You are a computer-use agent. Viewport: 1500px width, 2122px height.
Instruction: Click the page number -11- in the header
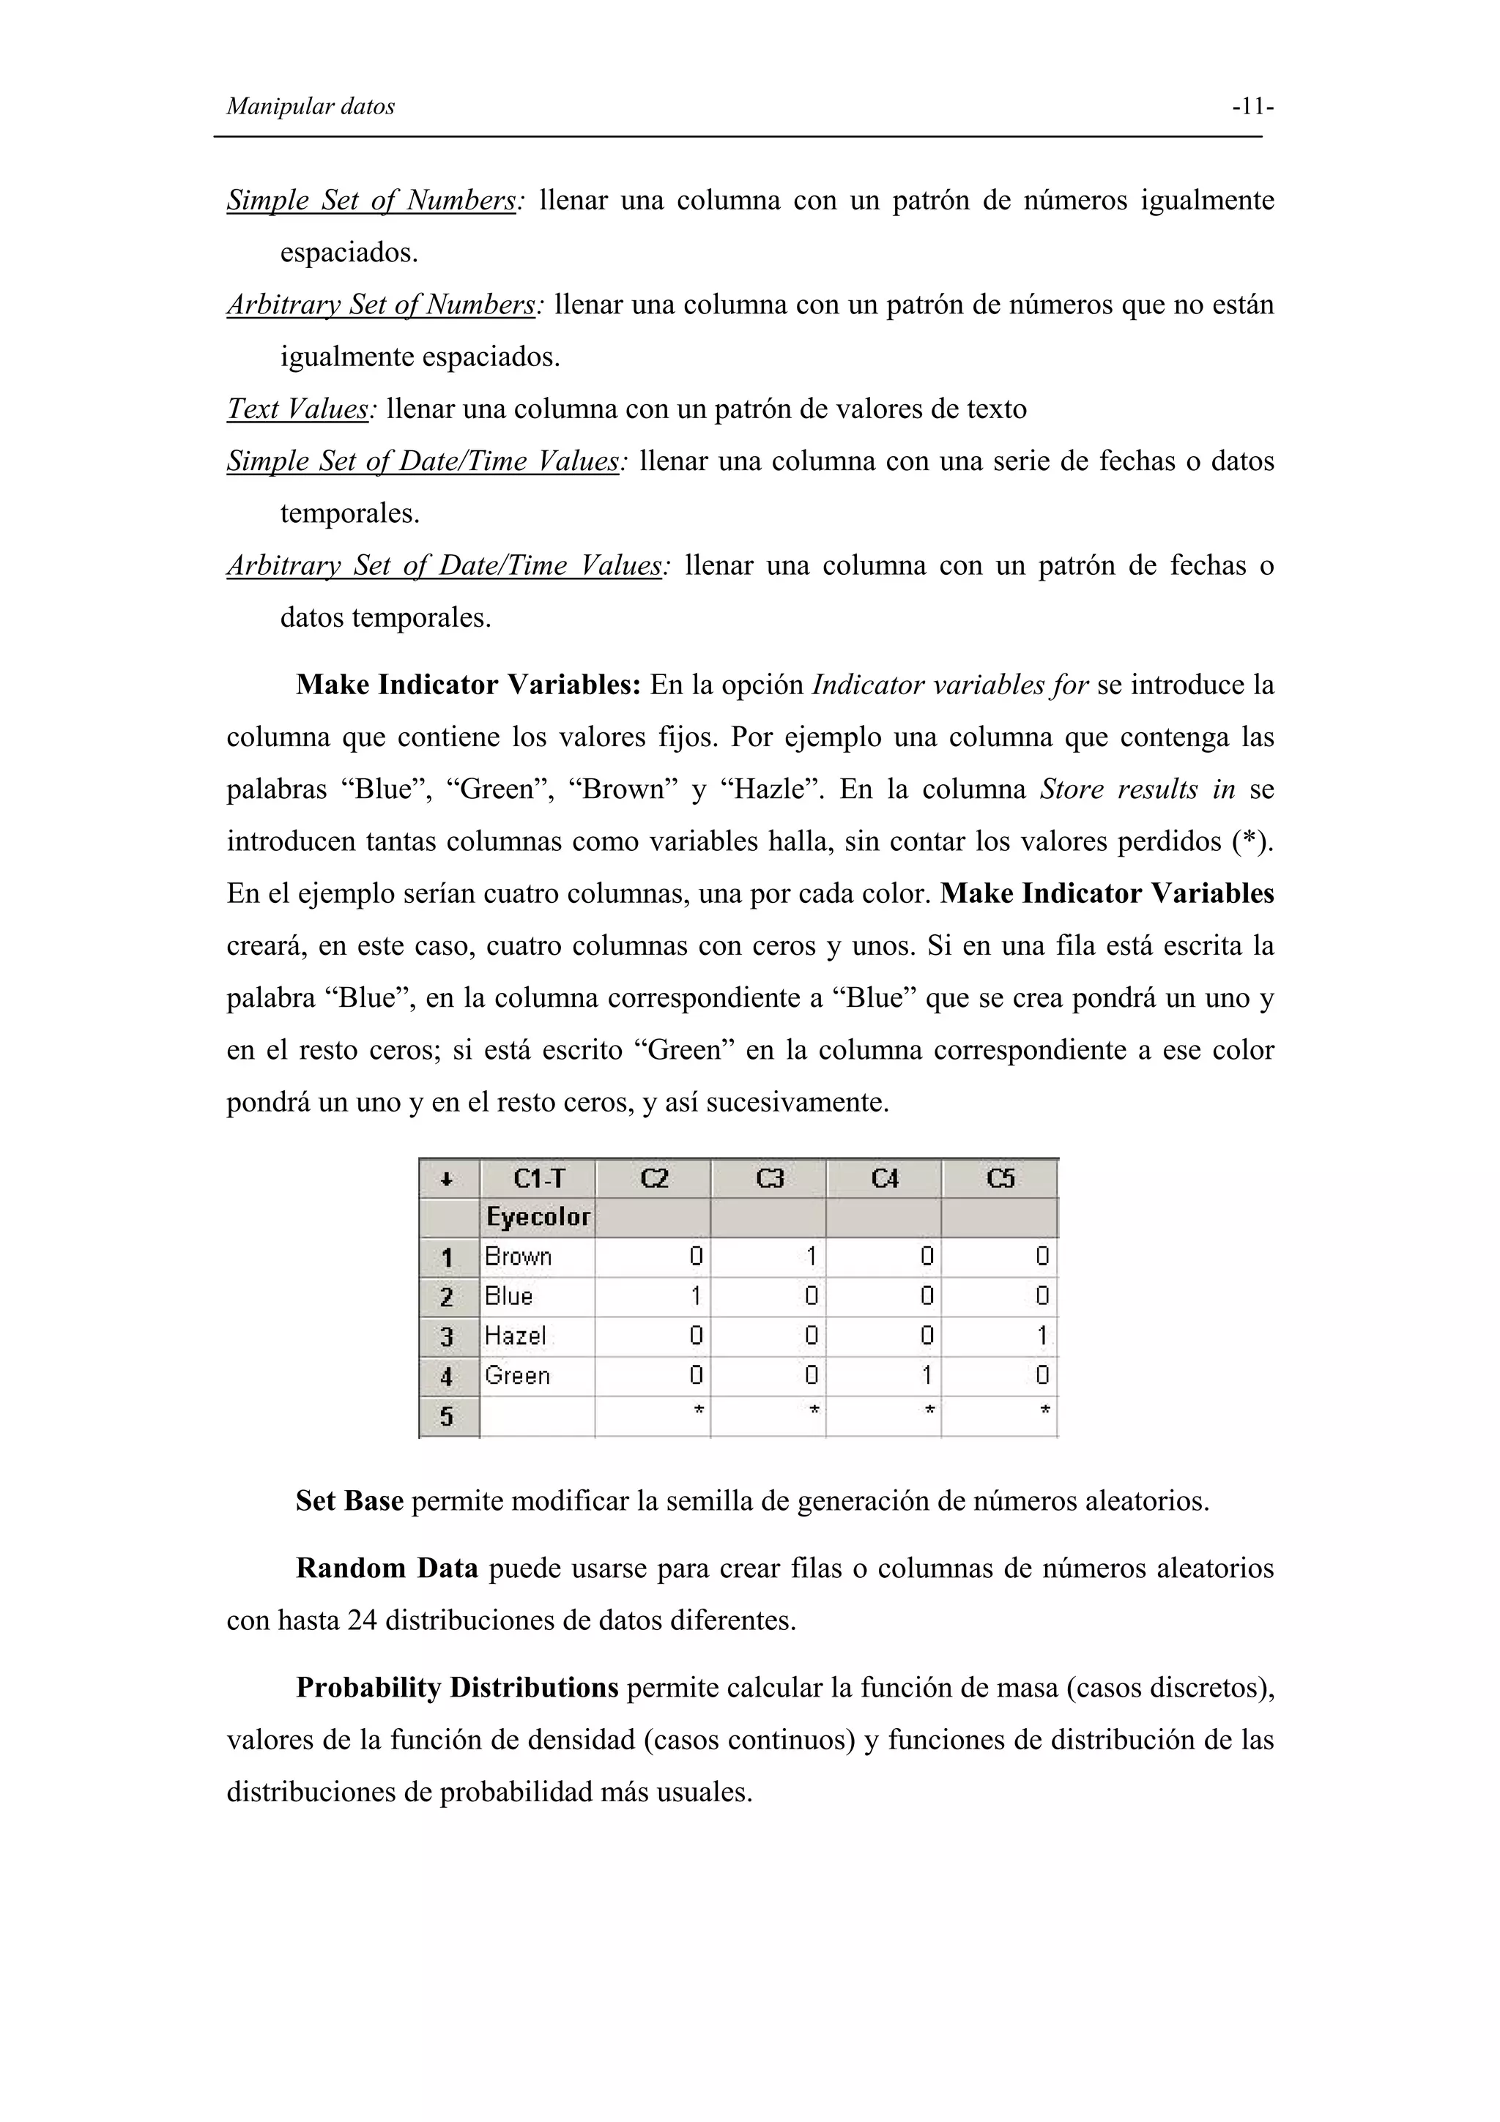click(x=1252, y=107)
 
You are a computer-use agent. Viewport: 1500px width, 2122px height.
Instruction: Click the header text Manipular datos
click(x=311, y=107)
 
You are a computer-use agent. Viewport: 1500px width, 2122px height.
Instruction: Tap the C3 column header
click(x=769, y=1178)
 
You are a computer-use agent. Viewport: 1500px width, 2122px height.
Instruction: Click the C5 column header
click(x=1000, y=1178)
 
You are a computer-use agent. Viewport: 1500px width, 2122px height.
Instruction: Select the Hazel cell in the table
click(x=515, y=1336)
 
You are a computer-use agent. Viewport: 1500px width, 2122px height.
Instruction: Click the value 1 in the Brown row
click(x=811, y=1257)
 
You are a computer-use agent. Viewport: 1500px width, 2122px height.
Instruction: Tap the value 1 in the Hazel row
click(x=1042, y=1336)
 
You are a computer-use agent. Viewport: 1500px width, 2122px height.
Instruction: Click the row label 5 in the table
click(x=448, y=1416)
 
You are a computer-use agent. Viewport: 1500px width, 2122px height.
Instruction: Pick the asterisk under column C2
click(x=698, y=1411)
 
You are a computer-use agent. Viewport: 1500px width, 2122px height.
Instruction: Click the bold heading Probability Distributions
click(x=456, y=1688)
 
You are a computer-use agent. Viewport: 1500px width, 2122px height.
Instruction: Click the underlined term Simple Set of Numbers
click(x=371, y=200)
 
